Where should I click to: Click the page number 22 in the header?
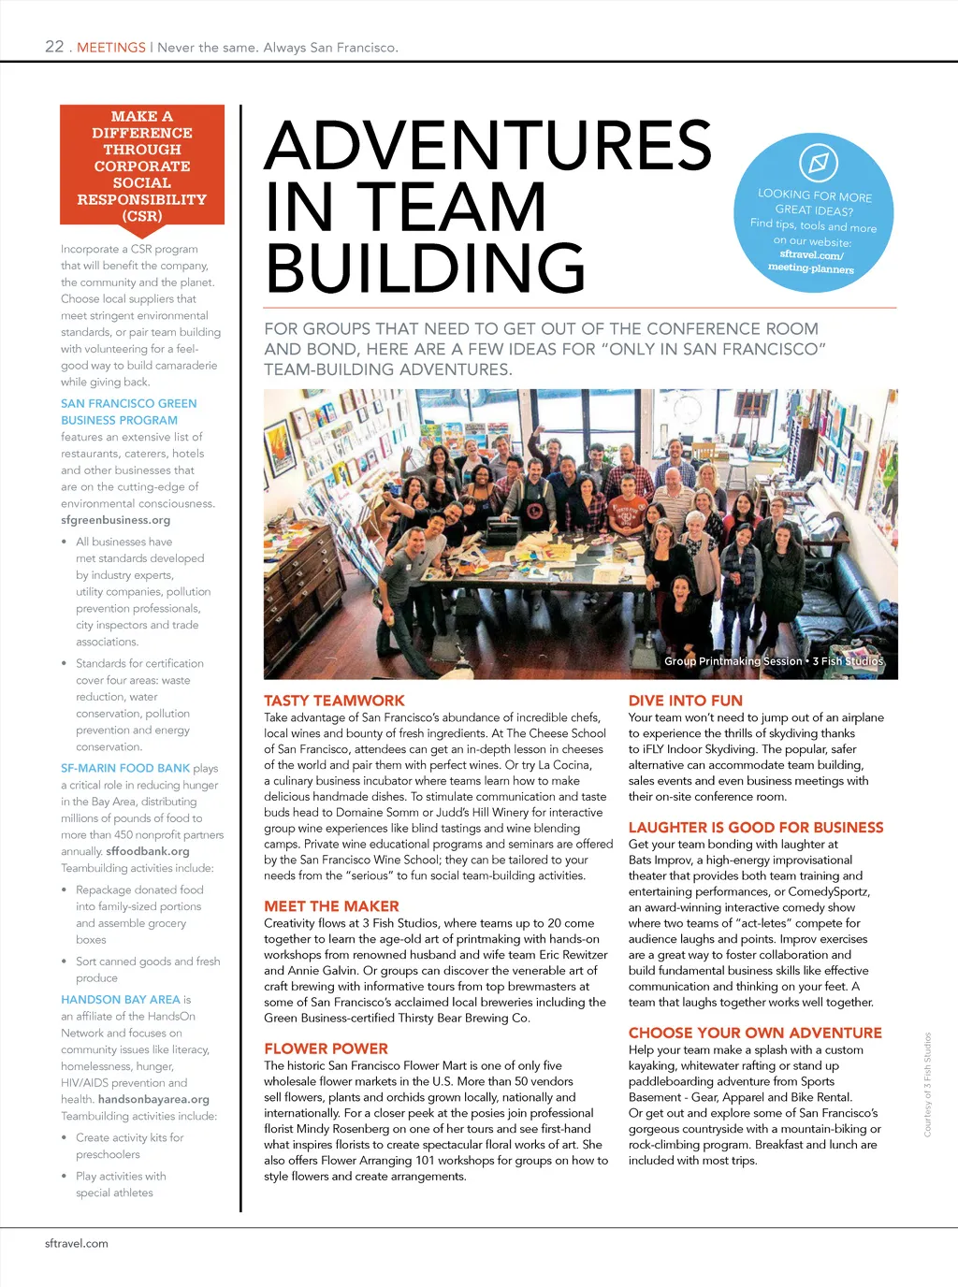click(54, 47)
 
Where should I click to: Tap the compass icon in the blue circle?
click(818, 163)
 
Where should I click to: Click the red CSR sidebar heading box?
click(142, 166)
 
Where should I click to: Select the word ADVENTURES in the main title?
click(488, 146)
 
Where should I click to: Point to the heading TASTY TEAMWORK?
click(334, 701)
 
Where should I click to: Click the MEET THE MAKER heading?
click(331, 906)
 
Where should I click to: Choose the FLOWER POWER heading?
click(326, 1048)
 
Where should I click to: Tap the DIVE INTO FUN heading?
click(686, 701)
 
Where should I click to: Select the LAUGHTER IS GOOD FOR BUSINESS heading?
click(756, 828)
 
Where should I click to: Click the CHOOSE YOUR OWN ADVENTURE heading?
click(755, 1033)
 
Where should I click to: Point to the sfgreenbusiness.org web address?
click(116, 520)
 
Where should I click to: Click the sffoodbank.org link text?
click(148, 851)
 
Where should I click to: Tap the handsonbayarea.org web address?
click(153, 1099)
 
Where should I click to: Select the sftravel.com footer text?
click(77, 1243)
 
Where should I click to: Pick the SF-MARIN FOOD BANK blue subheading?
click(125, 768)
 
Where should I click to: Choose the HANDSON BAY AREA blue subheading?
click(121, 999)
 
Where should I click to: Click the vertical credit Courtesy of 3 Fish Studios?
click(928, 1085)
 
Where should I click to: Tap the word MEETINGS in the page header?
click(111, 48)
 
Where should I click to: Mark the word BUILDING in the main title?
click(426, 268)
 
